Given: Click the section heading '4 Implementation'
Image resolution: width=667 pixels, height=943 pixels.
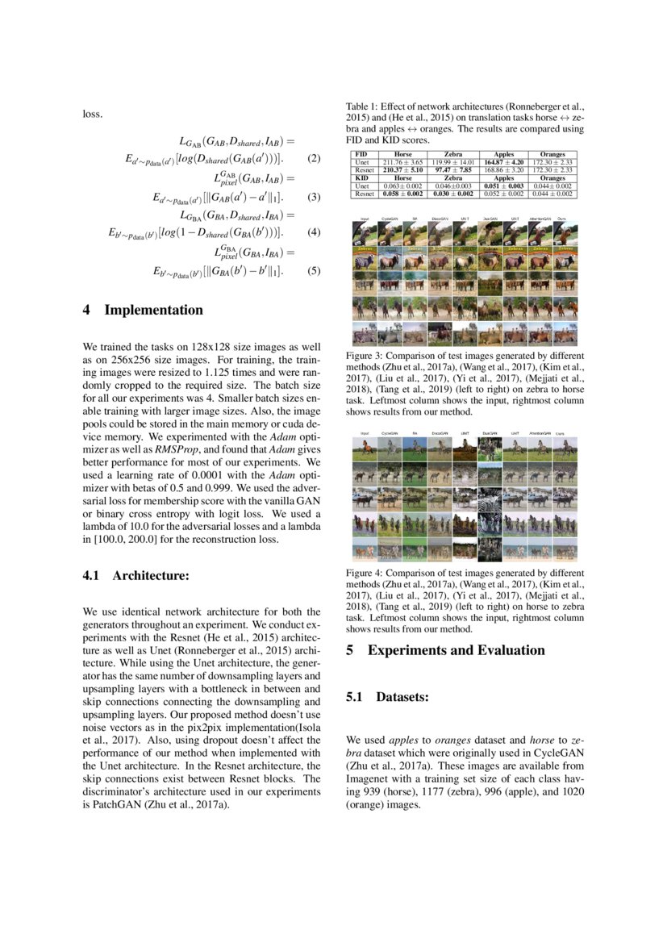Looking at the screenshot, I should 143,310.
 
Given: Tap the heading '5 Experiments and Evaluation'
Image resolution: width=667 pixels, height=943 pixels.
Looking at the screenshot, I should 445,651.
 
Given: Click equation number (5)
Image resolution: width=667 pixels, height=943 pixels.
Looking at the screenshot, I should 315,272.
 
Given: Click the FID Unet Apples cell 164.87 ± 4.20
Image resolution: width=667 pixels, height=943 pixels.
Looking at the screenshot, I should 503,162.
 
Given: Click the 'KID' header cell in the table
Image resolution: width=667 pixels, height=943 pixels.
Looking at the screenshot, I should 361,178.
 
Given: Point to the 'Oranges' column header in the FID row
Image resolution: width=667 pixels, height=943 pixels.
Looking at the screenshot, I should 552,154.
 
